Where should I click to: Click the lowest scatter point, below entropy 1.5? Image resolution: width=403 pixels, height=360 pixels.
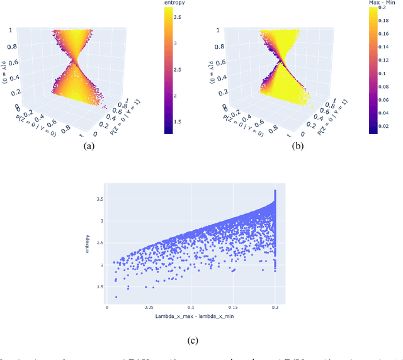(x=116, y=297)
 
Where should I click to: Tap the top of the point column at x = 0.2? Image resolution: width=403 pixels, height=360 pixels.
(x=275, y=191)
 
